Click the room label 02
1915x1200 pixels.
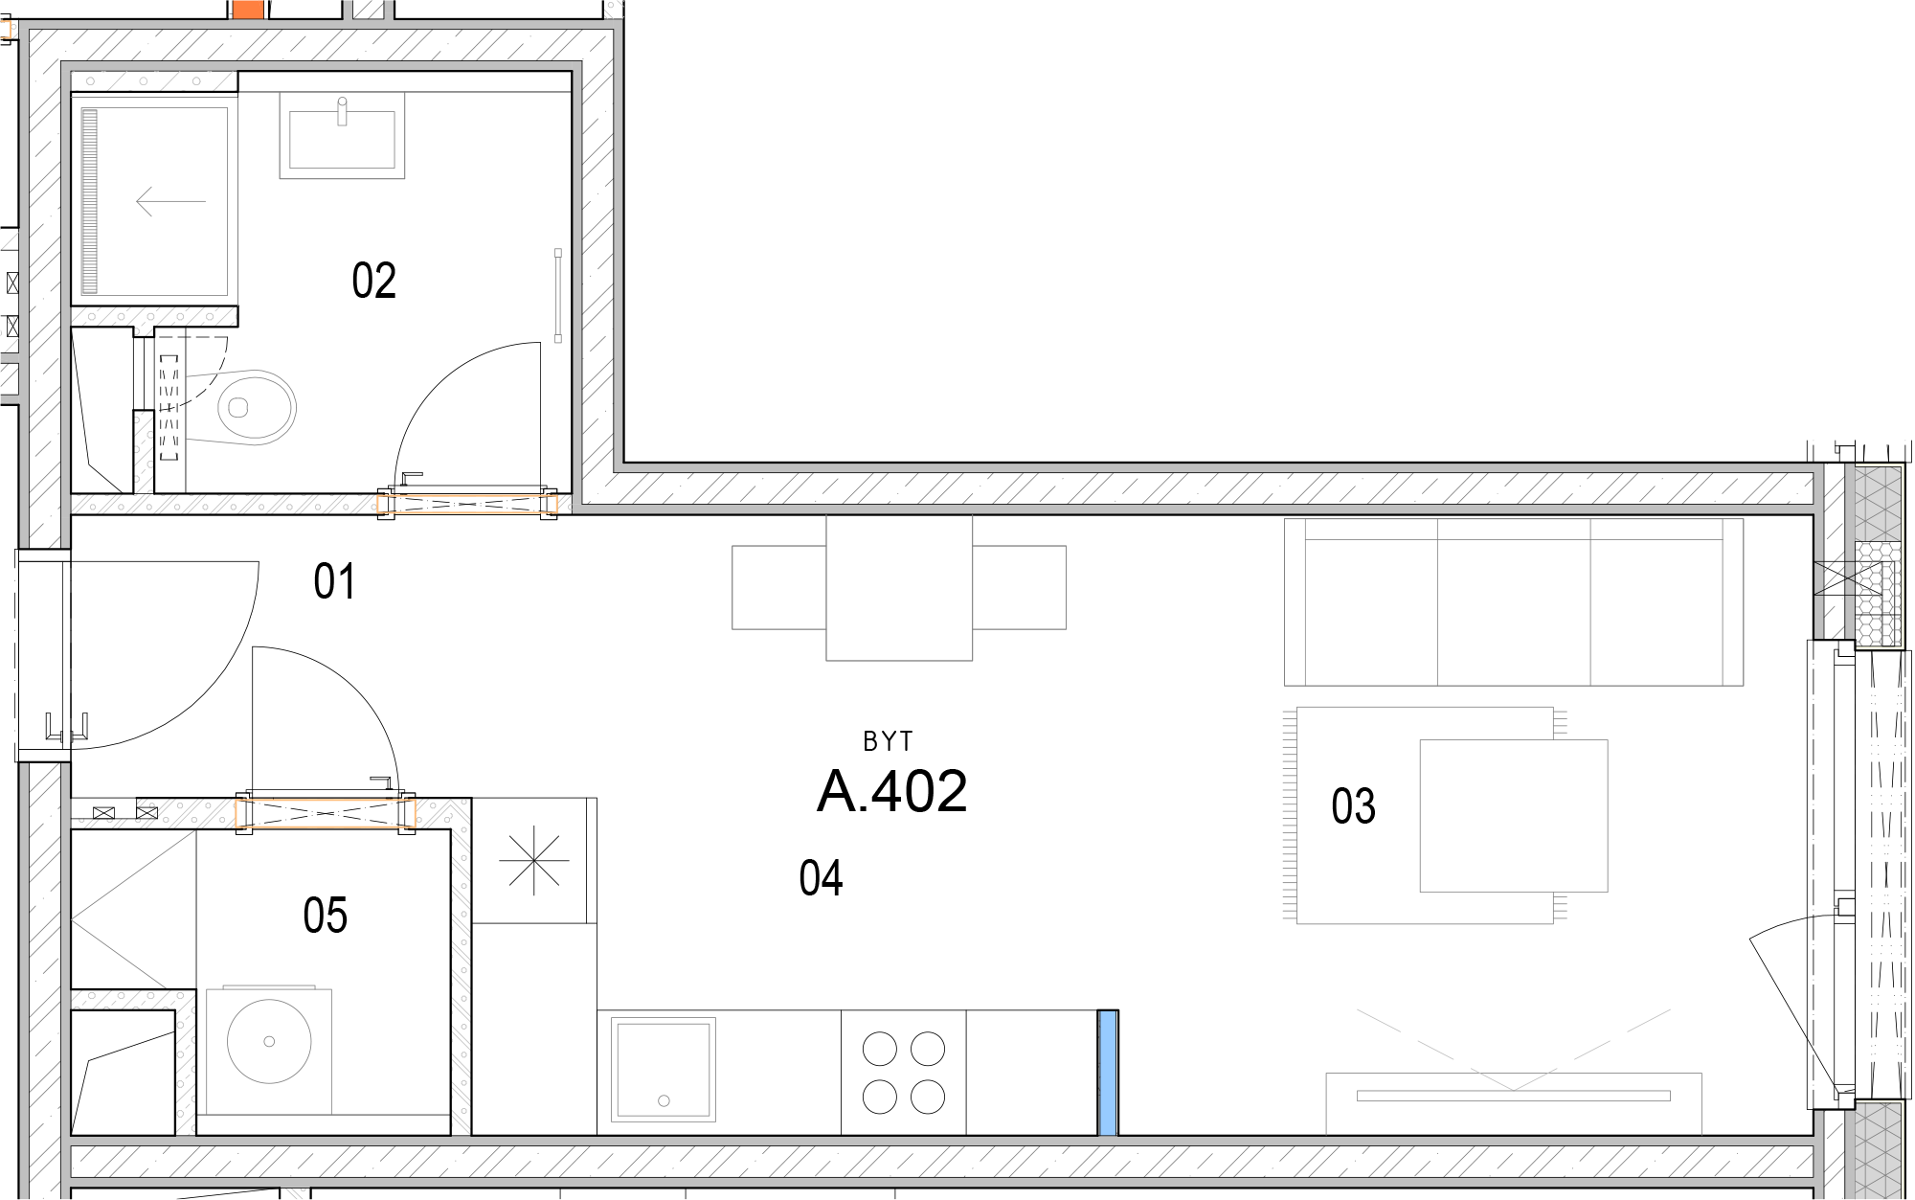(373, 281)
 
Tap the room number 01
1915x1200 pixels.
(334, 581)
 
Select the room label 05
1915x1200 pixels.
(325, 915)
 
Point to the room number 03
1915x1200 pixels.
(1353, 805)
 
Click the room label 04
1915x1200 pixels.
(821, 878)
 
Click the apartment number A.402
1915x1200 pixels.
(892, 791)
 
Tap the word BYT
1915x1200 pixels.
(888, 741)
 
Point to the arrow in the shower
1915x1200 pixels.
(171, 201)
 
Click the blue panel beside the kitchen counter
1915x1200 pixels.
(1108, 1073)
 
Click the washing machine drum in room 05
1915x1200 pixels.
(269, 1042)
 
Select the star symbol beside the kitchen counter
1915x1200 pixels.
(534, 860)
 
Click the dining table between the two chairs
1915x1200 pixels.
(899, 587)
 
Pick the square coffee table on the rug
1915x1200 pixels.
(1514, 816)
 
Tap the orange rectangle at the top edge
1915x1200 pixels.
(248, 10)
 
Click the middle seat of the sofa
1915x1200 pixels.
(1514, 602)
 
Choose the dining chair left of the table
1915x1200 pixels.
(779, 587)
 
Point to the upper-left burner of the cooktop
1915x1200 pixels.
(879, 1049)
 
